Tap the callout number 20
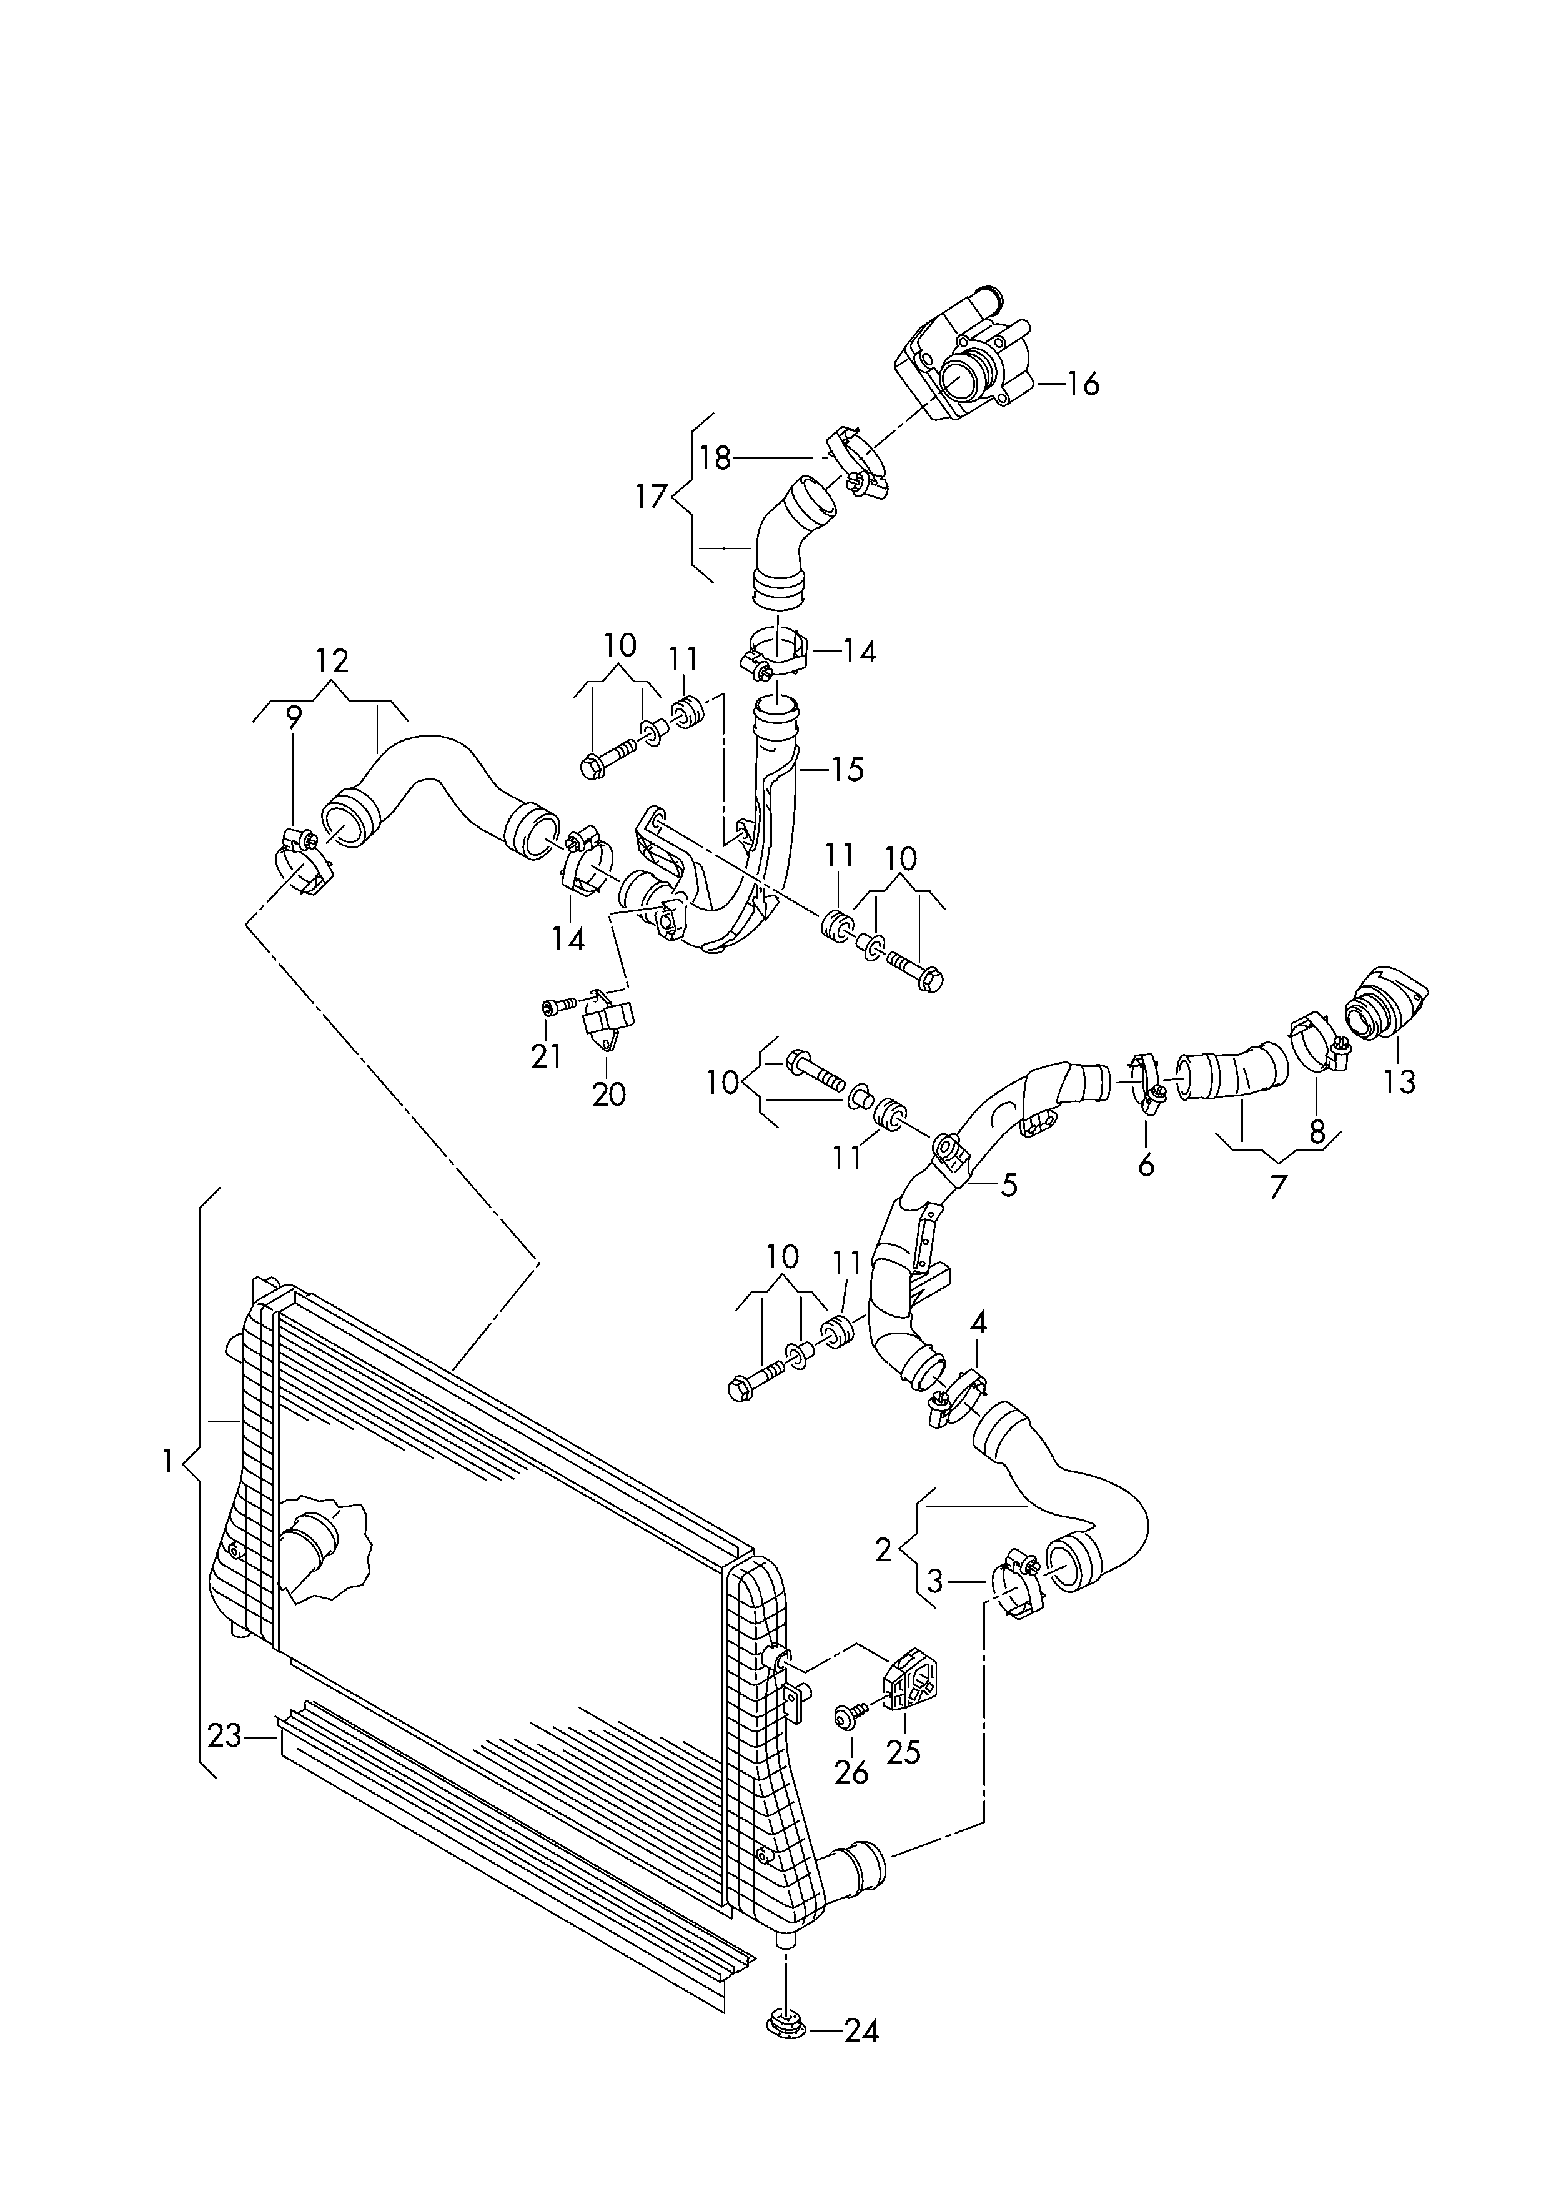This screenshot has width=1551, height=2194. [609, 1094]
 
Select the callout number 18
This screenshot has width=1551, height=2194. [715, 459]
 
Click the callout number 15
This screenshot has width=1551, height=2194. [846, 768]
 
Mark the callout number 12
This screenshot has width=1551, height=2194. [332, 660]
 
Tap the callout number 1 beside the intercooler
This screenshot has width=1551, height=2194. [168, 1488]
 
